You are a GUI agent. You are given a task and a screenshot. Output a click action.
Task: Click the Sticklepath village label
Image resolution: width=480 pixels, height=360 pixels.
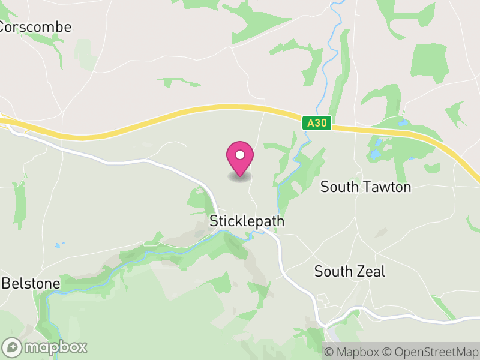coord(247,221)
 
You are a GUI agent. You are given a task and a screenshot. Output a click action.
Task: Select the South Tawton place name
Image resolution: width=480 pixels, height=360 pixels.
coord(365,187)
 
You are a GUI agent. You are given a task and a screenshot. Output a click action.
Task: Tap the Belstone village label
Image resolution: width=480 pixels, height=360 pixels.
coord(31,283)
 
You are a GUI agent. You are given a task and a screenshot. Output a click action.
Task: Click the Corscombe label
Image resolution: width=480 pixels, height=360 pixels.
coord(35,27)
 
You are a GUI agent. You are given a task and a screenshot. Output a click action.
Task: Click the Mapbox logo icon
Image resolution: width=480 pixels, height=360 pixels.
coord(12,347)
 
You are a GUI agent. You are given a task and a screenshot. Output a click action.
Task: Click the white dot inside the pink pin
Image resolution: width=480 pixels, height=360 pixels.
coord(240,155)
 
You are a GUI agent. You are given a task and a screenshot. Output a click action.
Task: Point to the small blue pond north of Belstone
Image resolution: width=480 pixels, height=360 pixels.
coord(58,245)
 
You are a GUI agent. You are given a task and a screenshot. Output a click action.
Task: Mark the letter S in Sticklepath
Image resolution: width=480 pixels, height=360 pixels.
coord(214,221)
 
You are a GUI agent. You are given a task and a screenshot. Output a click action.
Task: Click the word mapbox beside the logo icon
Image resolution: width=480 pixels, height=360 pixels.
coord(55,347)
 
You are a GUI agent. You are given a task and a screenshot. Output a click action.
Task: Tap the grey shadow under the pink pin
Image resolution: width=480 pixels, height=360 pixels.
coord(240,177)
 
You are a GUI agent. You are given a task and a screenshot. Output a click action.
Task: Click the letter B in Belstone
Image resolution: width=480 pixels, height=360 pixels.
coord(6,283)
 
